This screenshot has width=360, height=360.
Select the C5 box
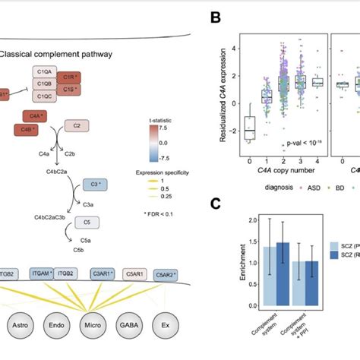coord(90,223)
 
